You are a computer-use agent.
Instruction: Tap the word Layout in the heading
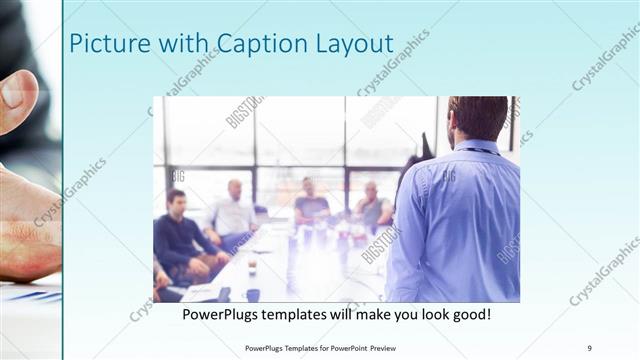(x=351, y=44)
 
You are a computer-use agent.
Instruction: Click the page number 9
(x=590, y=347)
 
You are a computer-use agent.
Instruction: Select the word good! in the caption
(x=465, y=314)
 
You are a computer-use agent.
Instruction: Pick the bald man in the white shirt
(x=234, y=211)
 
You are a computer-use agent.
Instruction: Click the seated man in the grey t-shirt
(x=312, y=204)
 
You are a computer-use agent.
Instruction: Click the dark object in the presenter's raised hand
(x=426, y=146)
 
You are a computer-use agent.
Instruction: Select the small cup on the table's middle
(x=252, y=267)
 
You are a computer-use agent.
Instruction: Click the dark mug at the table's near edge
(x=253, y=294)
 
